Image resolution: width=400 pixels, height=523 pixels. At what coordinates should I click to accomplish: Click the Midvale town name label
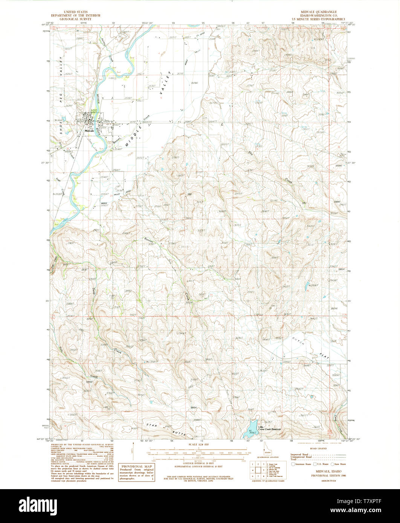(89, 131)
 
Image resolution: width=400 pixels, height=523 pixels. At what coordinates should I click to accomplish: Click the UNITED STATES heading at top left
(76, 12)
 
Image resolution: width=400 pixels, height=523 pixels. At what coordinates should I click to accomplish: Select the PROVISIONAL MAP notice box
(137, 473)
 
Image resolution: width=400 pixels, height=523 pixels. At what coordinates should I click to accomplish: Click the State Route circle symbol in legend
(333, 464)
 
